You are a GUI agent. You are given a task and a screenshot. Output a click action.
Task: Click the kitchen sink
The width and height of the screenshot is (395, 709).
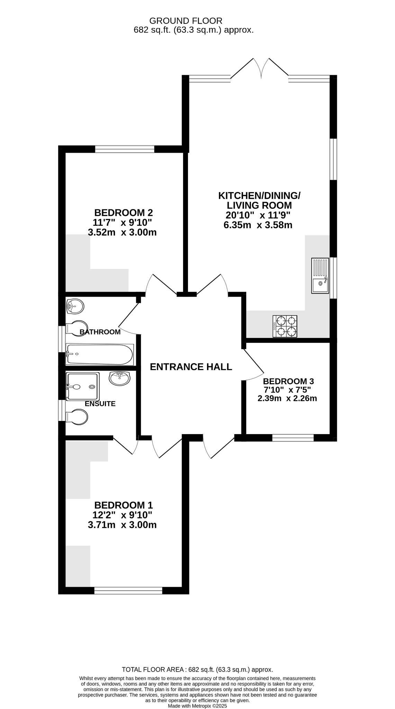[x=320, y=276]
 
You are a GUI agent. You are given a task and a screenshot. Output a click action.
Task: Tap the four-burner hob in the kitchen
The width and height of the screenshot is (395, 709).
[x=285, y=326]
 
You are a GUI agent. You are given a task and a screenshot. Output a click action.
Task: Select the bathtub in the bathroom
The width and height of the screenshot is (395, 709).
[x=100, y=354]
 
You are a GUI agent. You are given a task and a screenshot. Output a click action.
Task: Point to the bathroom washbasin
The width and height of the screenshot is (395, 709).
[x=75, y=306]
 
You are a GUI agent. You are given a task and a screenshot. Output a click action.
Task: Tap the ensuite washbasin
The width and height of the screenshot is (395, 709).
[x=120, y=378]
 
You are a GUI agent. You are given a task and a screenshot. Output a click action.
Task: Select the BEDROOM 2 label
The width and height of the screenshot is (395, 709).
[x=124, y=212]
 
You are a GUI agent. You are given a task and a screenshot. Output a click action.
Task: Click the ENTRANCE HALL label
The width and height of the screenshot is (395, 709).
[x=191, y=367]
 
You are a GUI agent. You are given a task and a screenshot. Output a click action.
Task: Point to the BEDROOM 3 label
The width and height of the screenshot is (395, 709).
[x=288, y=382]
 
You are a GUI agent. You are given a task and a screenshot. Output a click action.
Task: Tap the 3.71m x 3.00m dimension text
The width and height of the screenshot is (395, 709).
[x=122, y=525]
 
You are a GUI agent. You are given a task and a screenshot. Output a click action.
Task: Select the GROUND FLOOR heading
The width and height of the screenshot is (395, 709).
[x=186, y=21]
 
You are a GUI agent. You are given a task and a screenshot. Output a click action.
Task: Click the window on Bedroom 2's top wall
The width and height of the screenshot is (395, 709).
[x=125, y=149]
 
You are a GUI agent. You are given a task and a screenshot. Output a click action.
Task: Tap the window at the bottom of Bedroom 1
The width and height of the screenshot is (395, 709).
[x=128, y=590]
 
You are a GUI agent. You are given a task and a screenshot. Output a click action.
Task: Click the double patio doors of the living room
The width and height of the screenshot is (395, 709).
[x=260, y=68]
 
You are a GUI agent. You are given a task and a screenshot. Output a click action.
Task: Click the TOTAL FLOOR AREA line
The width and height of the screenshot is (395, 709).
[x=198, y=670]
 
